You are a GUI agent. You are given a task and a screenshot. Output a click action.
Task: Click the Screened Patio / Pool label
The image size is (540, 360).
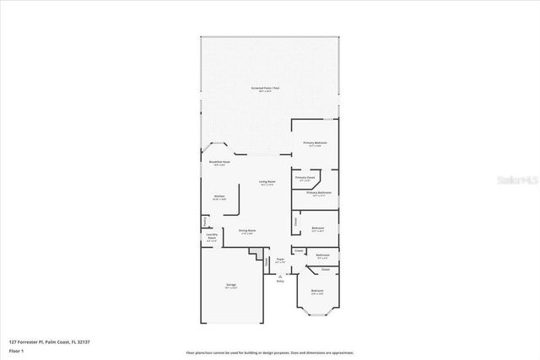tap(270, 89)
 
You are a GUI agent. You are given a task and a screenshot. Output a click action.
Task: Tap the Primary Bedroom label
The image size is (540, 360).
tap(316, 144)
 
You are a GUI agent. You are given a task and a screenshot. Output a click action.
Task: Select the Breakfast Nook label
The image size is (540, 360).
tap(219, 163)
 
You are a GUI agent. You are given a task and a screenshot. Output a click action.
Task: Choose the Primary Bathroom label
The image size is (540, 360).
tap(318, 194)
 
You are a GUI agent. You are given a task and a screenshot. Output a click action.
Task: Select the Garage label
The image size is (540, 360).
tap(230, 286)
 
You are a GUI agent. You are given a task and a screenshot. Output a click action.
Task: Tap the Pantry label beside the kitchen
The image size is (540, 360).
tap(205, 222)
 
